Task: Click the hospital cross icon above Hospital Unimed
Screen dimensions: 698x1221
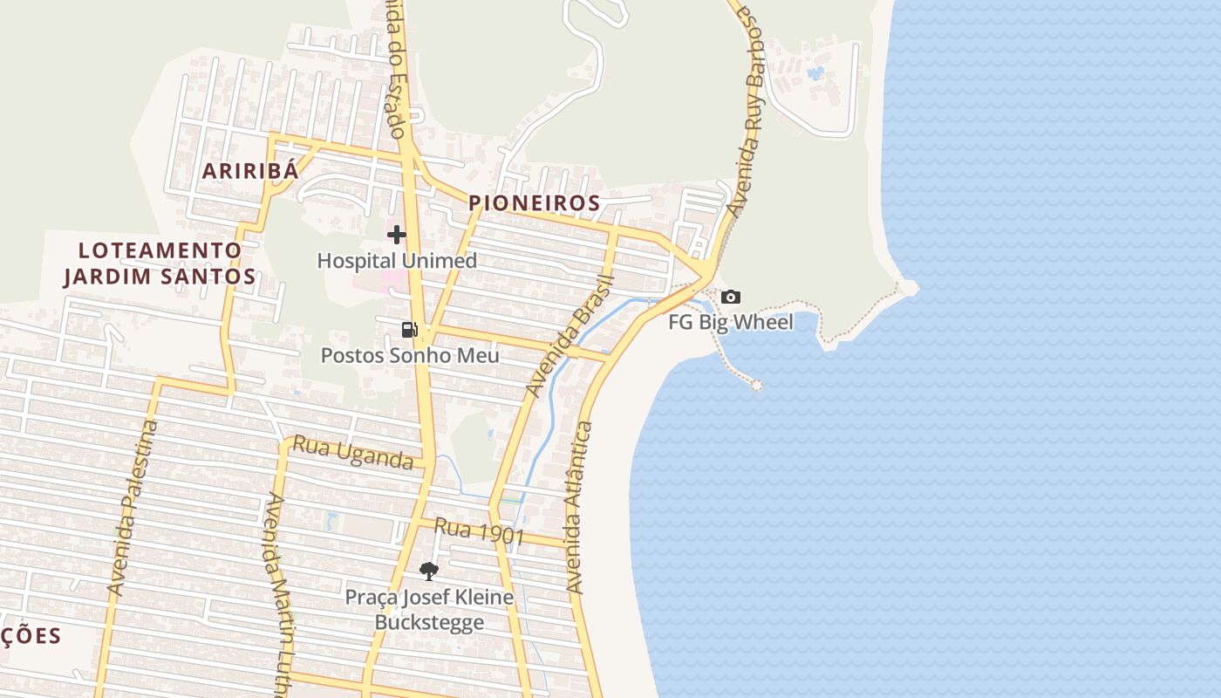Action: coord(397,234)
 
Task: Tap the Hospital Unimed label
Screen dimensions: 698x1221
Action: coord(397,261)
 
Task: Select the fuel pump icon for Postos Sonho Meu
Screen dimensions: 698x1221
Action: coord(409,329)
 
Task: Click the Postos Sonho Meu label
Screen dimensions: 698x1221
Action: coord(410,355)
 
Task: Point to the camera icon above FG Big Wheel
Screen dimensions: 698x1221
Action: coord(731,297)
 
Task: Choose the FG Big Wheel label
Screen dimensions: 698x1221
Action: coord(731,323)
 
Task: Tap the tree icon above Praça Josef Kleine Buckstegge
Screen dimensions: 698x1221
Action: coord(428,571)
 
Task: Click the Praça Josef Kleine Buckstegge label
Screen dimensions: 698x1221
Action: coord(429,610)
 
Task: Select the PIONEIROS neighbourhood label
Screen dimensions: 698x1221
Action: coord(535,203)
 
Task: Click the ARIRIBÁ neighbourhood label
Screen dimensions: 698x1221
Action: coord(250,171)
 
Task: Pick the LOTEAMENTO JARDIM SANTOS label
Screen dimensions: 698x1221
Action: coord(160,263)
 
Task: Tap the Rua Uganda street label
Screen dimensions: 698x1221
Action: coord(352,453)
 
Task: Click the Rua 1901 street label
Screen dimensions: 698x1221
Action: coord(479,530)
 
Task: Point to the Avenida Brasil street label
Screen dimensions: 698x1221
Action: coord(572,336)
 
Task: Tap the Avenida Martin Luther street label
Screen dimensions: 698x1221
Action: coord(279,593)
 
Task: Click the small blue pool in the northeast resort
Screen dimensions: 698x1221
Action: coord(815,73)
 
